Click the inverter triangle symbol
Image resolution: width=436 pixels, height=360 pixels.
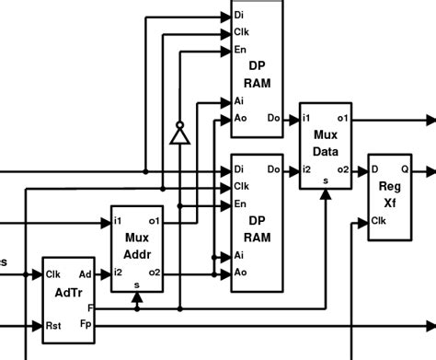point(179,136)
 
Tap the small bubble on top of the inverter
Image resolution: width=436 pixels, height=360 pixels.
point(179,123)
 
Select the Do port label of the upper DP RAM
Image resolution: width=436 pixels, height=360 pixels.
point(273,119)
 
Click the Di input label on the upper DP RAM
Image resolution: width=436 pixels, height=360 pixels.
point(240,16)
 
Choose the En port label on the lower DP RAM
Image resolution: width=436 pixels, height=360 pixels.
point(241,203)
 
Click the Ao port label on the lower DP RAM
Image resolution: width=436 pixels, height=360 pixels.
point(241,272)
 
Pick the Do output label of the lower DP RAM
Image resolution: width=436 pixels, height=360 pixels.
point(273,169)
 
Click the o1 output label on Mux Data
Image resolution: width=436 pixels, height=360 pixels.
point(342,119)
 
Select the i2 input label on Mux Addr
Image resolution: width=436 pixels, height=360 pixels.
point(119,272)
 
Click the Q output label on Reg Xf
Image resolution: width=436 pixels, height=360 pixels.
point(406,169)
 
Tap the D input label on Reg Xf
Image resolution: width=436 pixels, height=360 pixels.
point(375,169)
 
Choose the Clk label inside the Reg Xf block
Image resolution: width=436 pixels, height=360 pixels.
point(379,220)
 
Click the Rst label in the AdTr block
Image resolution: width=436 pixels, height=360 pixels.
point(54,325)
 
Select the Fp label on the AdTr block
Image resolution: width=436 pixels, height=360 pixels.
point(86,324)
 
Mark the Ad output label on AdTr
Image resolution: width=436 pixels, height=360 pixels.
point(85,273)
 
